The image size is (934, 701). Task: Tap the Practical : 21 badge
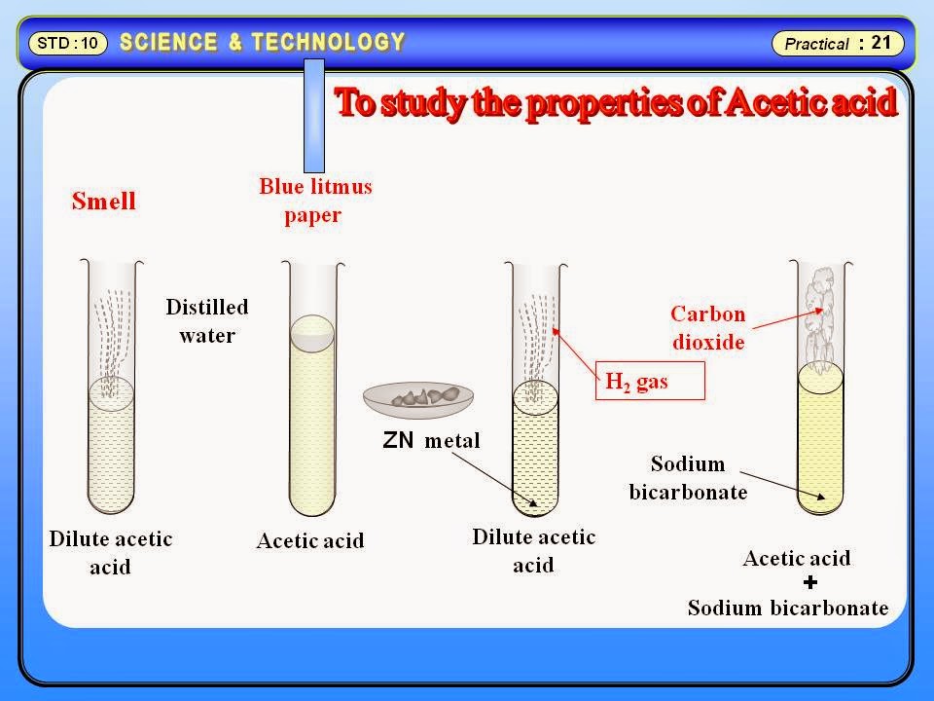[x=838, y=44]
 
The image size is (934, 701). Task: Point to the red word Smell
[x=104, y=202]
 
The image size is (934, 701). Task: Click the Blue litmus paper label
[x=315, y=200]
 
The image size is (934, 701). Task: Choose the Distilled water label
[x=206, y=320]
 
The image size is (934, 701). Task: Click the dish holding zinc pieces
[x=418, y=396]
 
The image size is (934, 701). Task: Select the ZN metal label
[x=432, y=440]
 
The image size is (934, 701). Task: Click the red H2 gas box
[x=648, y=382]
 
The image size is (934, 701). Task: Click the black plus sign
[x=810, y=582]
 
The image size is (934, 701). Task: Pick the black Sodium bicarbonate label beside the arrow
[x=688, y=477]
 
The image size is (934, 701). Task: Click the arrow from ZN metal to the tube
[x=487, y=477]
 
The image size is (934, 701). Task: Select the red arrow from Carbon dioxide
[x=788, y=315]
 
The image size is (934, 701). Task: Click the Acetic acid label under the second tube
[x=310, y=540]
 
